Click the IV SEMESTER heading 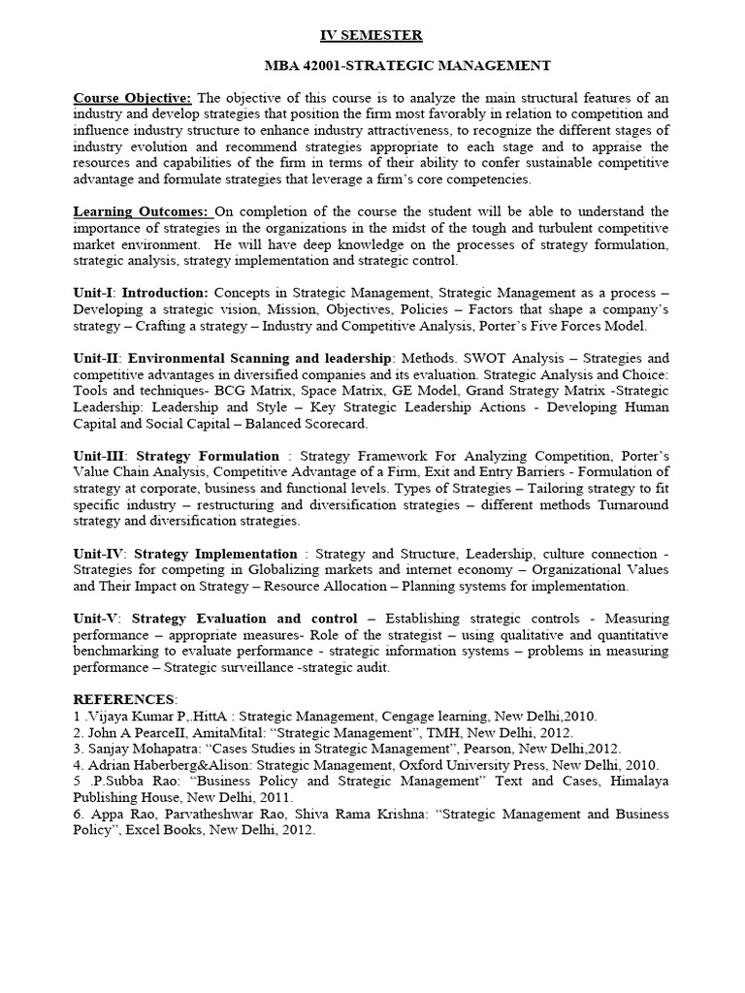pyautogui.click(x=372, y=36)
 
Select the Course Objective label pyautogui.click(x=133, y=98)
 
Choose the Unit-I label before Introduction pyautogui.click(x=94, y=292)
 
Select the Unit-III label pyautogui.click(x=100, y=455)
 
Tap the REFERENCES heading pyautogui.click(x=124, y=699)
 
